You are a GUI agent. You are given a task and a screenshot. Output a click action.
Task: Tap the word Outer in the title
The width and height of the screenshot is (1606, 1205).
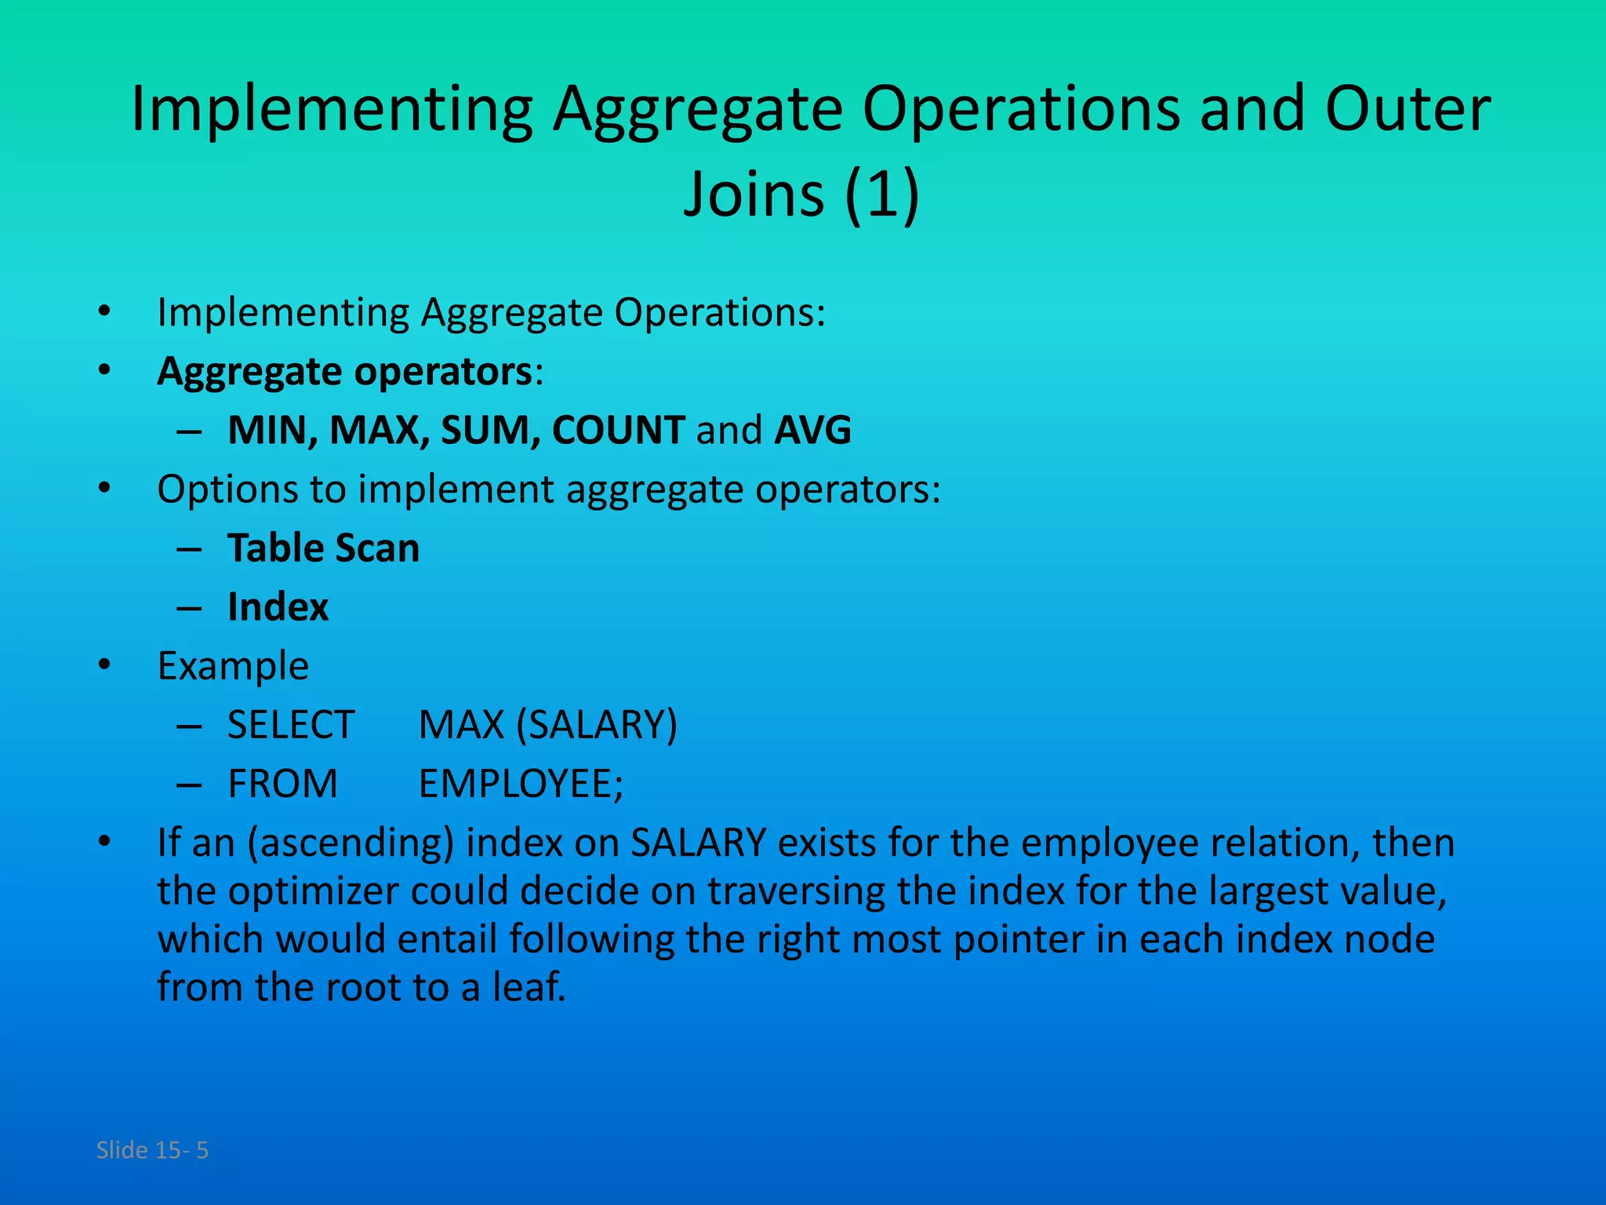(1407, 108)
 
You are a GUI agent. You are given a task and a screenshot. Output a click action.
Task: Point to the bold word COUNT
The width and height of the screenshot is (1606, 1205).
(618, 430)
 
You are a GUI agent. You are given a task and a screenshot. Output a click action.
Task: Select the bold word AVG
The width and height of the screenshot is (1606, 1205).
(812, 430)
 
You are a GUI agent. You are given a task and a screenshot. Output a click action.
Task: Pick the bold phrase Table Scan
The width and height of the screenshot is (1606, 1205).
(323, 548)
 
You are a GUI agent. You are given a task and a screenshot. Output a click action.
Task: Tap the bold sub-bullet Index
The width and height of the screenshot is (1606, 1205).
(278, 606)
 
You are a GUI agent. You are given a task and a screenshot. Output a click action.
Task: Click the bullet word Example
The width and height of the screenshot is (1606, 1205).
(233, 666)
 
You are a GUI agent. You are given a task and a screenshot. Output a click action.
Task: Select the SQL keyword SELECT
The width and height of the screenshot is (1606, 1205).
(291, 724)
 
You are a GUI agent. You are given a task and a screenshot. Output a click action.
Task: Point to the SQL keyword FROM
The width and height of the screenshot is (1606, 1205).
(282, 783)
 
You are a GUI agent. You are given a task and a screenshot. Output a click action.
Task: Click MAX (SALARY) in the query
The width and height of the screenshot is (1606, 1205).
(547, 724)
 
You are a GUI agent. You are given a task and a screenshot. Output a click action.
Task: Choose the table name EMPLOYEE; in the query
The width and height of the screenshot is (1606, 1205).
(521, 783)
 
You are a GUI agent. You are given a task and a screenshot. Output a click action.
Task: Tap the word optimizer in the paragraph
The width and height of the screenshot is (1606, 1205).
(312, 891)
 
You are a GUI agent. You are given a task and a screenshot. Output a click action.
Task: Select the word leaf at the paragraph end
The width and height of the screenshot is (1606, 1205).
(528, 987)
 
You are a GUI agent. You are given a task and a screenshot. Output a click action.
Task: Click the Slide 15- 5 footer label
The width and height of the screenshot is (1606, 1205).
(152, 1150)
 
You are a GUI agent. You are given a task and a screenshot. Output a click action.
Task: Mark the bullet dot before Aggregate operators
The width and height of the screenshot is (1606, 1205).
(104, 370)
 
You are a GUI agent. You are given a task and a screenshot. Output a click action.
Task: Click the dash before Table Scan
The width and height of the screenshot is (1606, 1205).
(189, 548)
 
